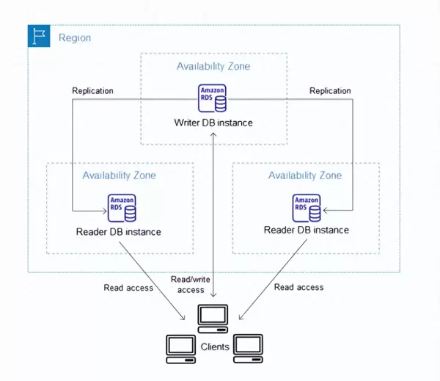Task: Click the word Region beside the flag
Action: (x=74, y=37)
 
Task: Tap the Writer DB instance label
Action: (x=214, y=123)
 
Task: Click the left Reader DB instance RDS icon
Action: (x=122, y=208)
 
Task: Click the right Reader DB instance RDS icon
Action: (x=307, y=208)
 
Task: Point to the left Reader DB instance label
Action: (x=118, y=232)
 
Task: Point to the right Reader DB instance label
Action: (x=306, y=231)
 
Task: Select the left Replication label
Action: (x=92, y=91)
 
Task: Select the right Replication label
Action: (x=330, y=91)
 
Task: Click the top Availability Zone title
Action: (x=213, y=67)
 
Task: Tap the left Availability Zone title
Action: (x=119, y=176)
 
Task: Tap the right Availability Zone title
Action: (x=305, y=176)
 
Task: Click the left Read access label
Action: (x=128, y=288)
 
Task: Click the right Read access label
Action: (x=298, y=287)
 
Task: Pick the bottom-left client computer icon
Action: (x=181, y=349)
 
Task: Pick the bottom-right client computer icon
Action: (x=248, y=349)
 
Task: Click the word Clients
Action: (x=214, y=346)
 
